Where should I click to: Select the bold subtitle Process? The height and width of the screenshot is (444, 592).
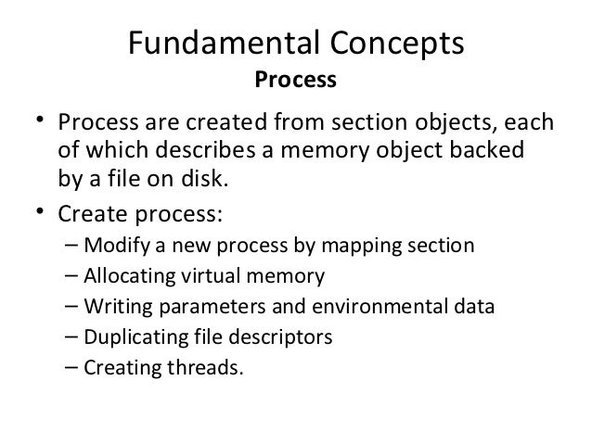tap(295, 82)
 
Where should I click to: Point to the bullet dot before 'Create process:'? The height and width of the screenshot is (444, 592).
tap(41, 213)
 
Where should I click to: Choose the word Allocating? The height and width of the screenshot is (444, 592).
tap(124, 276)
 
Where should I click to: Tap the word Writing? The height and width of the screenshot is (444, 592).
tap(110, 306)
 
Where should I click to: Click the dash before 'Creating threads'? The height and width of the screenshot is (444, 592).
tap(73, 365)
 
